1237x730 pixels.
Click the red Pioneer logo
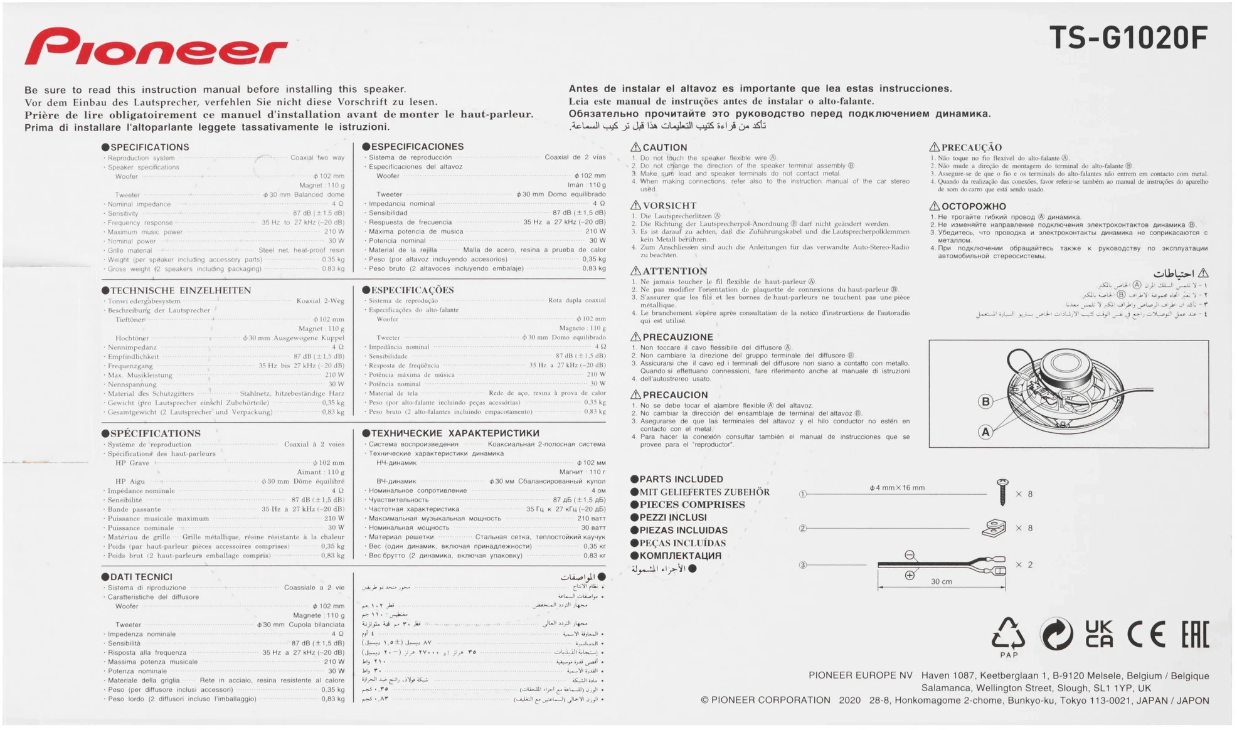[156, 48]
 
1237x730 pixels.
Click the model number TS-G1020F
[1128, 39]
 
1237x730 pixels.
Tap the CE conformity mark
[1146, 635]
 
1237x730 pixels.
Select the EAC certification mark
[1195, 635]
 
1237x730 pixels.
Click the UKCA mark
[1099, 634]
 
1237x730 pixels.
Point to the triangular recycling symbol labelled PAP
[1008, 635]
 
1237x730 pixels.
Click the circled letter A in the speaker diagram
[985, 431]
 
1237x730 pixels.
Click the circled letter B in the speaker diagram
[985, 401]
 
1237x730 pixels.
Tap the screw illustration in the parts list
[1002, 492]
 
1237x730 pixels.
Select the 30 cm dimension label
[941, 581]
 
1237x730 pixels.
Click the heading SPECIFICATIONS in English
[149, 147]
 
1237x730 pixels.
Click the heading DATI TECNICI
[141, 577]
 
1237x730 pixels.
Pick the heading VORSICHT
[669, 206]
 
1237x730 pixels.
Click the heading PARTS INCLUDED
[681, 479]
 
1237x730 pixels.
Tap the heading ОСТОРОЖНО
[973, 206]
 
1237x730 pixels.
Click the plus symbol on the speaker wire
[910, 575]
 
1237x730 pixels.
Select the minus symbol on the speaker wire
[910, 555]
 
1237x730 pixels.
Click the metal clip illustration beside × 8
[994, 528]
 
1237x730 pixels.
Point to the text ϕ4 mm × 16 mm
[897, 487]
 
